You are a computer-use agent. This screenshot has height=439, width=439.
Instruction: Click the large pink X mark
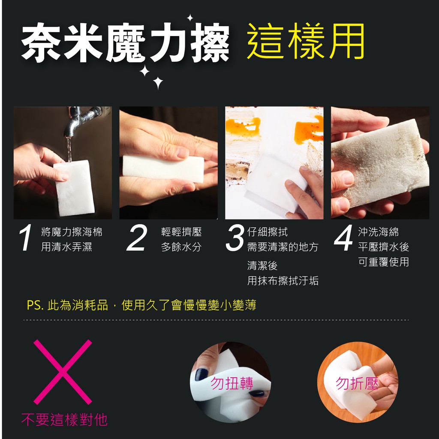coord(63,372)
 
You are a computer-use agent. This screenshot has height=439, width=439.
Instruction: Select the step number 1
coord(26,238)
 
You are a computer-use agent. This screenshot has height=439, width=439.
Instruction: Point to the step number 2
coord(137,238)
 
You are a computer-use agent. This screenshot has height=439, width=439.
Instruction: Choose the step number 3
coord(235,238)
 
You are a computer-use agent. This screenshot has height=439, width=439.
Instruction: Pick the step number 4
coord(343,238)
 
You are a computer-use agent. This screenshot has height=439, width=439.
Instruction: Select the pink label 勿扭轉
coord(232,383)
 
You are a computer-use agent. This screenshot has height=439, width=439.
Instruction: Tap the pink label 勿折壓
coord(357,383)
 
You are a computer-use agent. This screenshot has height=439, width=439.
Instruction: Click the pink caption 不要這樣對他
coord(64,419)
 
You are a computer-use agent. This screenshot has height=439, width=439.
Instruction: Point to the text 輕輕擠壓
coord(181,232)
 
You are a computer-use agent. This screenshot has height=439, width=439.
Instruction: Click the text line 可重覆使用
coord(384,262)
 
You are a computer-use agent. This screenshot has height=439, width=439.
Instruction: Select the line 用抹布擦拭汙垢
coord(283,280)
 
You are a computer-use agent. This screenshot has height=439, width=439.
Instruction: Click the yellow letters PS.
coord(35,305)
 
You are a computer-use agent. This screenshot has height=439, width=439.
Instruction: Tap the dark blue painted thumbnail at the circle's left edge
coord(201,374)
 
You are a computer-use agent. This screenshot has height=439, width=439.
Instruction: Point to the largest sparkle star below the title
coord(158,83)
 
